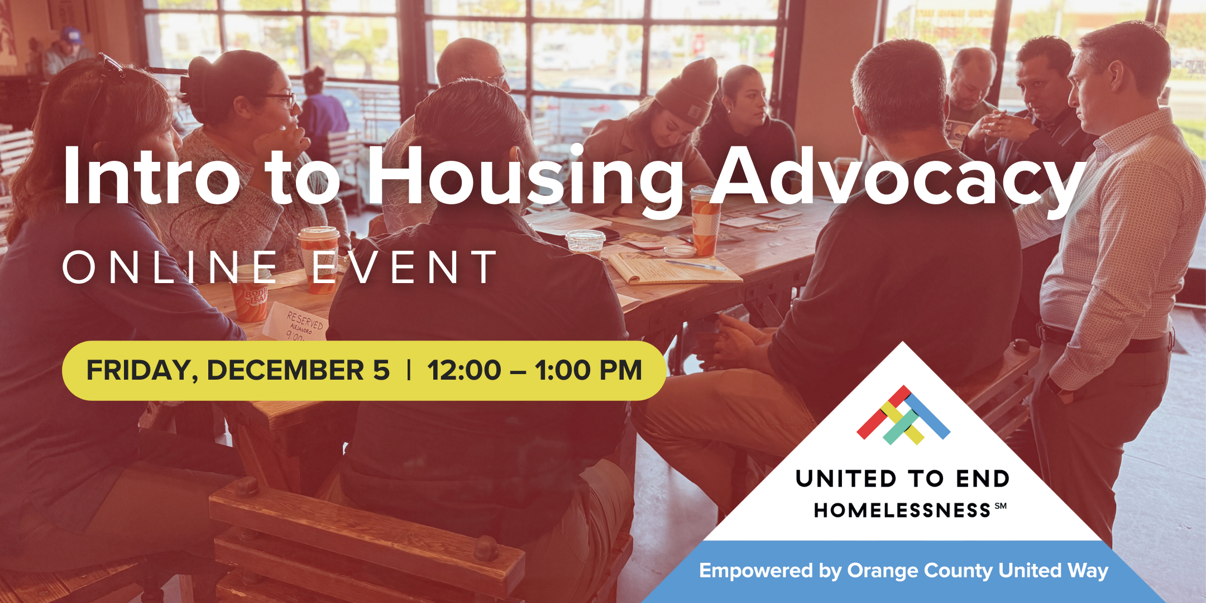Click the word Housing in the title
click(x=525, y=176)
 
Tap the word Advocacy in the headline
click(x=899, y=176)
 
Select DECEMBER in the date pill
click(x=285, y=371)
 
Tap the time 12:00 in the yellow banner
click(x=464, y=371)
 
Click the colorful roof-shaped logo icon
click(x=903, y=415)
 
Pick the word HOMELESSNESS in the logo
click(x=902, y=510)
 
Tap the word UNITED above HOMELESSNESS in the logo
click(x=846, y=479)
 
